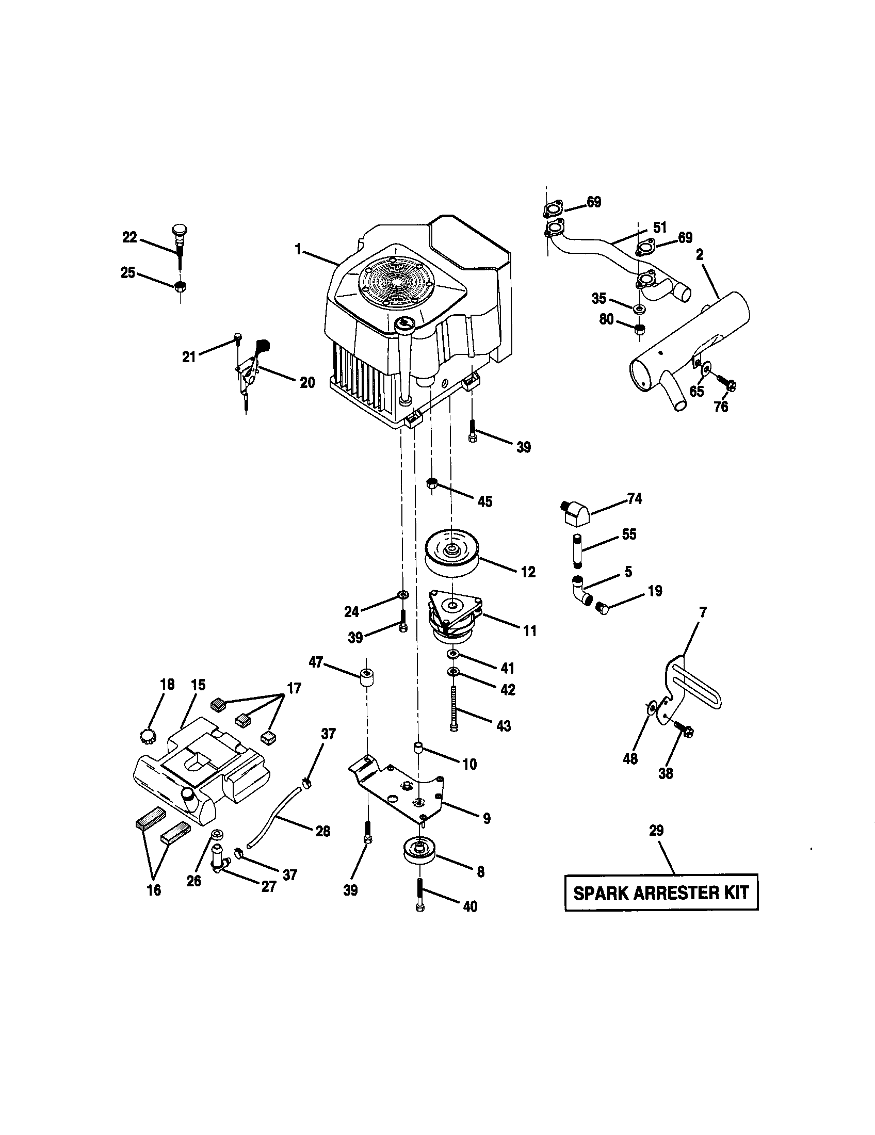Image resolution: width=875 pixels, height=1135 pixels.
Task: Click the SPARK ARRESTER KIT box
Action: [661, 893]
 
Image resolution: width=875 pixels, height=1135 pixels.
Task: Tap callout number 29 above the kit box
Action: [656, 831]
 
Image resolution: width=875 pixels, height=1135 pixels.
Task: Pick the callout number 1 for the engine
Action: [298, 250]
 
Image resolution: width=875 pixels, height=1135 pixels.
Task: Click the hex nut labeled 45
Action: [431, 483]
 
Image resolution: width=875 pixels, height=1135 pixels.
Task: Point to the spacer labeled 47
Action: [366, 678]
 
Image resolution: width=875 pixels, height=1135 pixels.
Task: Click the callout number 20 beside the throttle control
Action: [307, 382]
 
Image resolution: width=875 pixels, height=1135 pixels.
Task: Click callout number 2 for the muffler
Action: [700, 255]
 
